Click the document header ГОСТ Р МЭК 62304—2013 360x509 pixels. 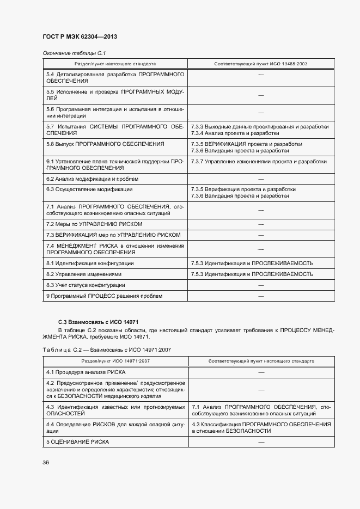(x=80, y=37)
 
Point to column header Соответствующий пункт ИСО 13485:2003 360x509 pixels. (x=261, y=64)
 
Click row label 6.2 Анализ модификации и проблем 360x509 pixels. (x=92, y=179)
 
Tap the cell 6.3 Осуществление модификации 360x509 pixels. (x=89, y=189)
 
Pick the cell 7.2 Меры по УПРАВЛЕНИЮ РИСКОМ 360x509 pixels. (x=94, y=224)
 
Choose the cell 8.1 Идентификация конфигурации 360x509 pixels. (x=90, y=263)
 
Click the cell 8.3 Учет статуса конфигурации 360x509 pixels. (x=86, y=285)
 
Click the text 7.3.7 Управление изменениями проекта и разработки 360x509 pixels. (x=259, y=161)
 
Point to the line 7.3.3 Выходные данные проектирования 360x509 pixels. (x=259, y=126)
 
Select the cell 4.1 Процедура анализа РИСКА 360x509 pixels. (x=86, y=372)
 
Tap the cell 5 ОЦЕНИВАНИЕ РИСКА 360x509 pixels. (x=77, y=441)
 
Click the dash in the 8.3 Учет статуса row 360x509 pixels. (x=261, y=285)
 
